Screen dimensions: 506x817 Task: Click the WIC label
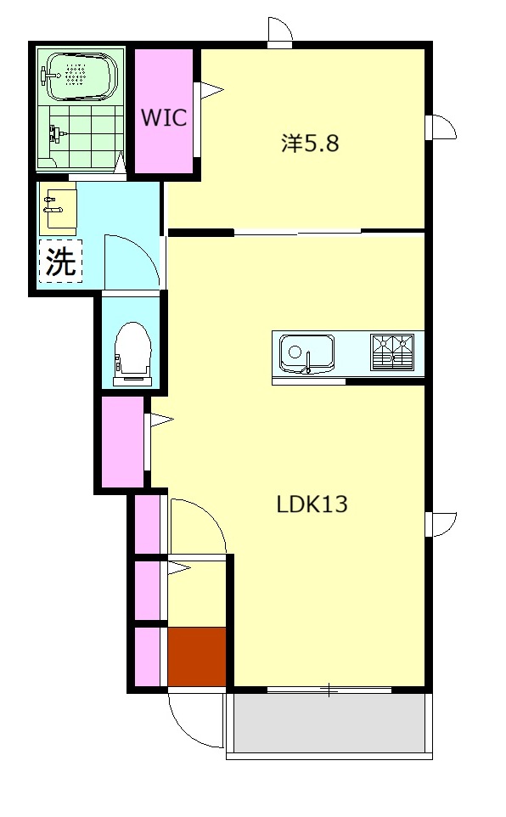click(164, 117)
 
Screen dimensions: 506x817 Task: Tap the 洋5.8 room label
click(311, 143)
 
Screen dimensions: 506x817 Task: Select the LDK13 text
click(312, 504)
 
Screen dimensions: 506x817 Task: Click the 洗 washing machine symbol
click(61, 261)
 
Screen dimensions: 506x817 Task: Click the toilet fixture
click(133, 354)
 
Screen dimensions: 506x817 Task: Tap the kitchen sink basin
click(306, 352)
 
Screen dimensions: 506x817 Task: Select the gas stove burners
click(392, 352)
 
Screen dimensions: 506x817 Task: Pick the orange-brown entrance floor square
click(196, 656)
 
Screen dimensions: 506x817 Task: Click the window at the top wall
click(280, 32)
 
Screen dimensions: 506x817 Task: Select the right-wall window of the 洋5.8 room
click(441, 127)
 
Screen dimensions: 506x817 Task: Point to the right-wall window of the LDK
click(441, 524)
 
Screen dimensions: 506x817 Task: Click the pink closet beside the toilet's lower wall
click(122, 442)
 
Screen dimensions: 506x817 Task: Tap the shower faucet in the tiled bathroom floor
click(56, 132)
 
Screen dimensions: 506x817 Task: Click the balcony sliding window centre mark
click(329, 690)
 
